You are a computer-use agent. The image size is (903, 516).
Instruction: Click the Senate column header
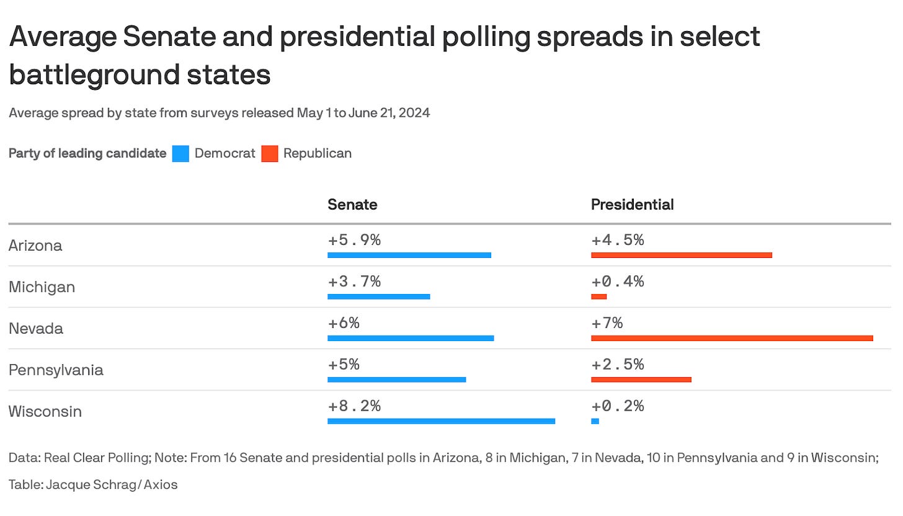tap(352, 204)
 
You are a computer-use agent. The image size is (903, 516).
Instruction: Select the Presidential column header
tap(632, 204)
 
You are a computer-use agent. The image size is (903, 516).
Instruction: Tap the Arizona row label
tap(35, 246)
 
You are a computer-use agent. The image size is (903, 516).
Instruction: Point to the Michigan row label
tap(42, 287)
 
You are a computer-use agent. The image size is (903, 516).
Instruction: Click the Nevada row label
tap(36, 329)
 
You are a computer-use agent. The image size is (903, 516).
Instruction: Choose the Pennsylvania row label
tap(56, 370)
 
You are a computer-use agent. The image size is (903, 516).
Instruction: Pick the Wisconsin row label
tap(45, 412)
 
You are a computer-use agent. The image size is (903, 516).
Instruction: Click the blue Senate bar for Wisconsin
tap(441, 421)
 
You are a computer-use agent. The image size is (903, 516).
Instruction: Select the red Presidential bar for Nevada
tap(732, 338)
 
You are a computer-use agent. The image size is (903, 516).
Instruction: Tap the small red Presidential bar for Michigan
tap(598, 296)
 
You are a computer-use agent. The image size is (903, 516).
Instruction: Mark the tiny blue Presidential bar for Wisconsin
tap(595, 421)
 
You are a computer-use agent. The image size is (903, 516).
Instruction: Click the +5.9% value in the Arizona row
tap(354, 239)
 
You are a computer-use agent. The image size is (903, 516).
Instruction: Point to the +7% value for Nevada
tap(607, 322)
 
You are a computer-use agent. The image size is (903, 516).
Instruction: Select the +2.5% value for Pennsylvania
tap(617, 364)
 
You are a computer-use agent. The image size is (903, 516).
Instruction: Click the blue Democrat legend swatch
tap(180, 153)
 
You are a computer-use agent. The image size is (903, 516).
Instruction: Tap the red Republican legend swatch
tap(269, 153)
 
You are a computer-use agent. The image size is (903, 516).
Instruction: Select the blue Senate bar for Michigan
tap(378, 296)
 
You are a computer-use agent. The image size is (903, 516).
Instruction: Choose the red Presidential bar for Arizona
tap(681, 255)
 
